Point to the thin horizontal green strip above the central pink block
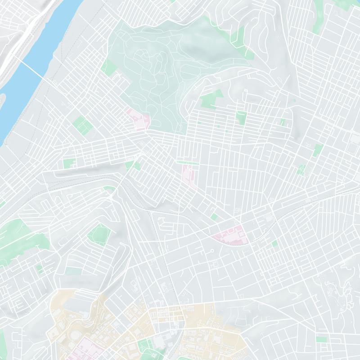pos(186,162)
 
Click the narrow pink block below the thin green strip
pos(188,175)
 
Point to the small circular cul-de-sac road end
pos(211,251)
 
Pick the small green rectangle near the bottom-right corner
pos(321,339)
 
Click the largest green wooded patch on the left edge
pos(16,234)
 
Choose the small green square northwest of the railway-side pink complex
pos(214,217)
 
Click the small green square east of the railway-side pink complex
pos(274,243)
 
